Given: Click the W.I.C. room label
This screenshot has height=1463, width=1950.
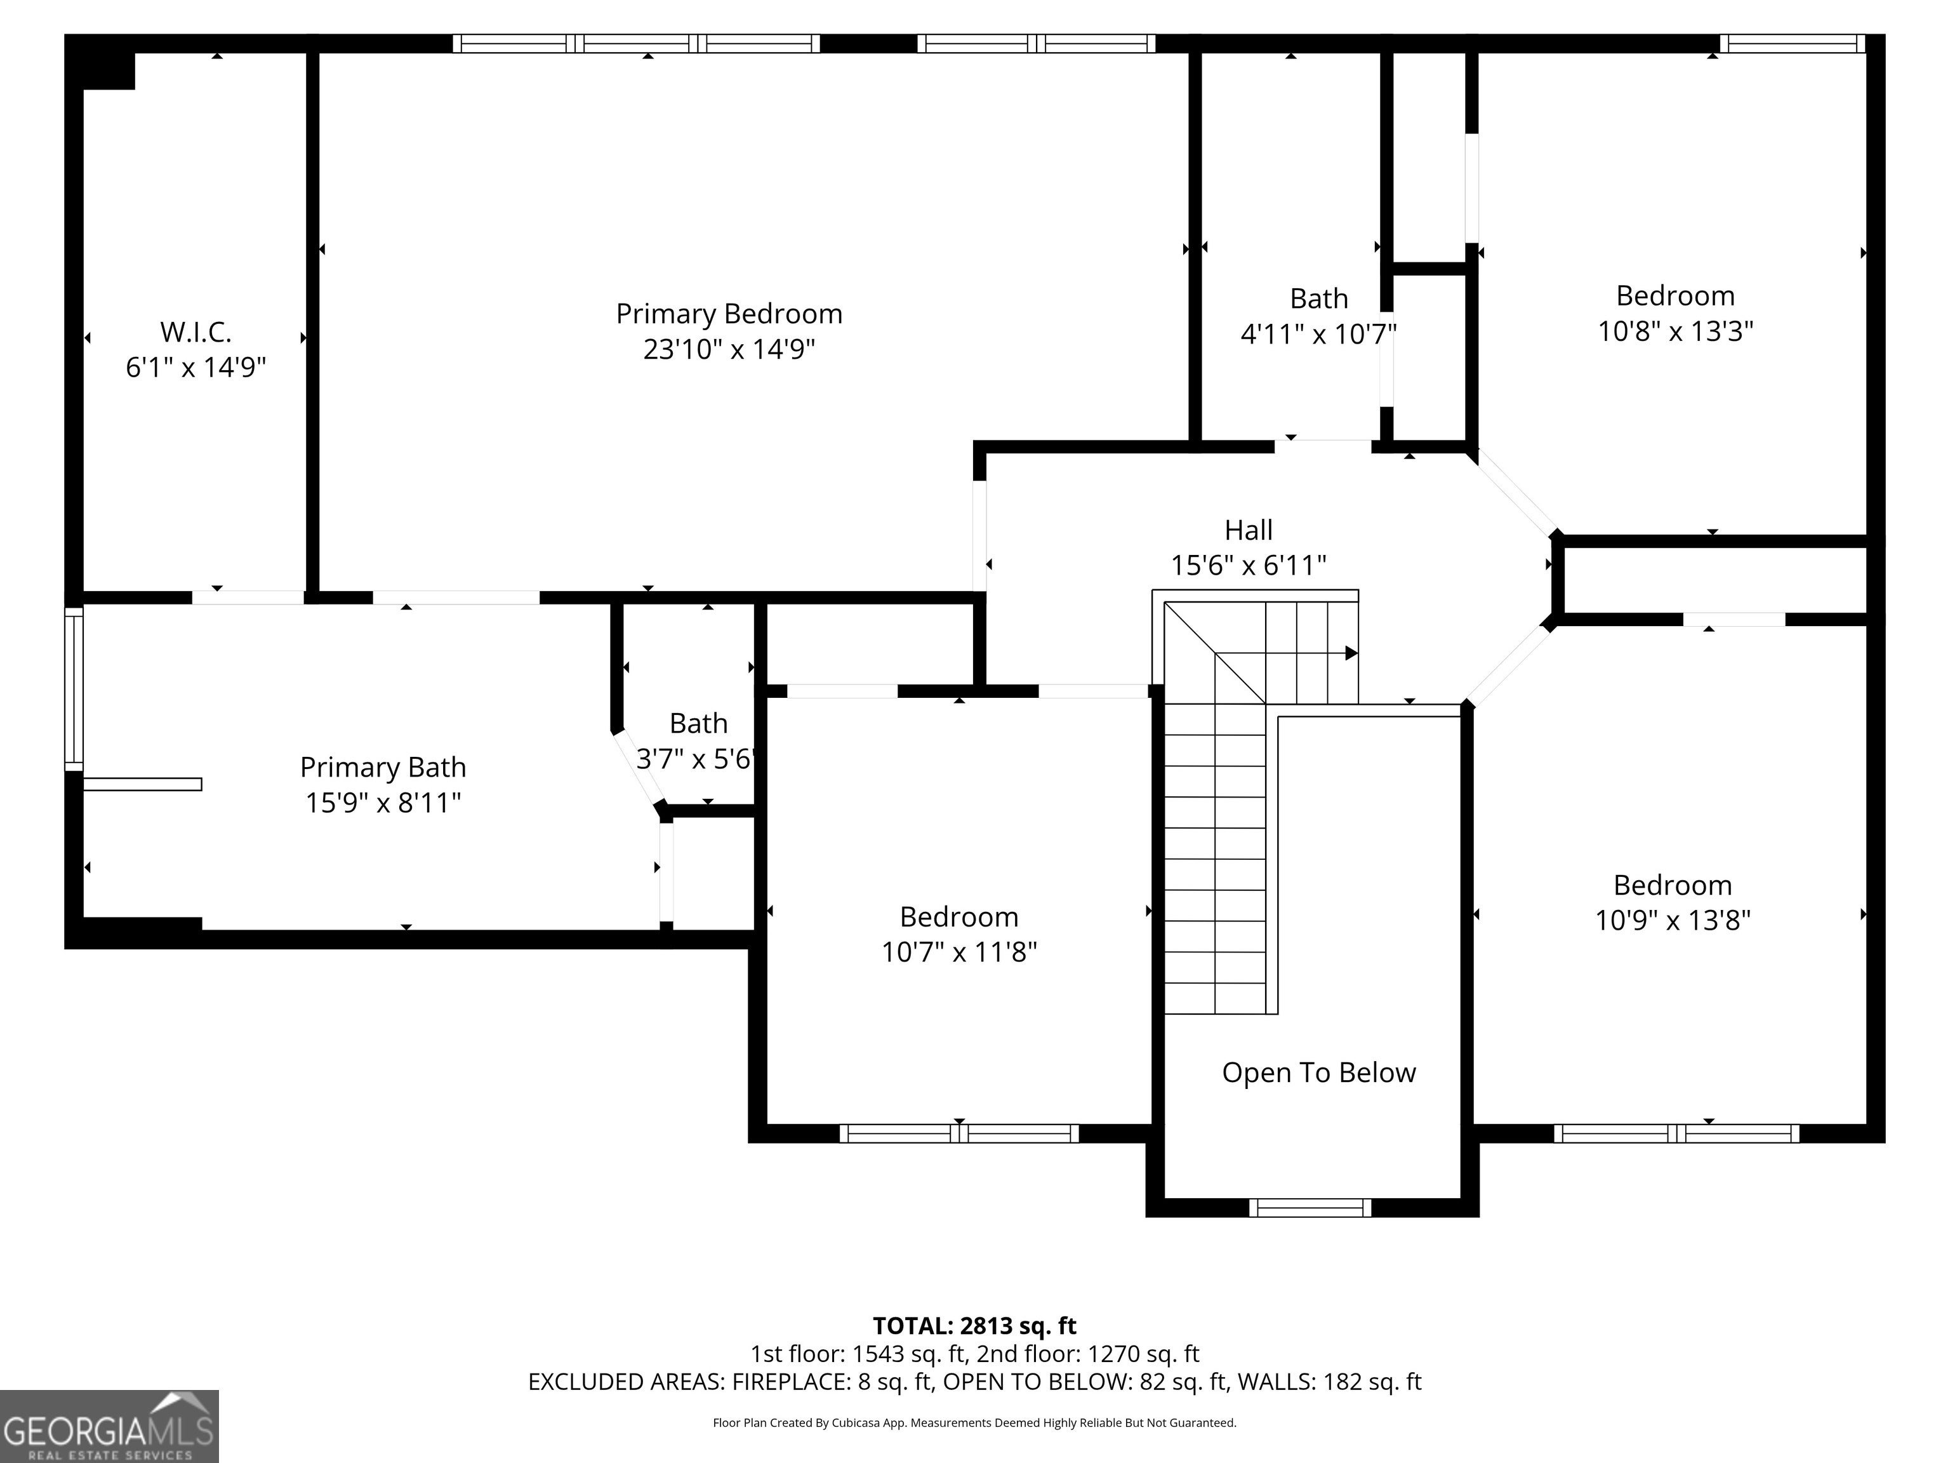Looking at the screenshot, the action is (196, 333).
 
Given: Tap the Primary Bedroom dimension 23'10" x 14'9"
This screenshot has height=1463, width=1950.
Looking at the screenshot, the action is (729, 350).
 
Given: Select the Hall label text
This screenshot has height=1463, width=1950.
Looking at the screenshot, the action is (1249, 530).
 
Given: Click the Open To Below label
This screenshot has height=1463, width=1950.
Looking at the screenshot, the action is (1319, 1072).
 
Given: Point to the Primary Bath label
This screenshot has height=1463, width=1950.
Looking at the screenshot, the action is (383, 767).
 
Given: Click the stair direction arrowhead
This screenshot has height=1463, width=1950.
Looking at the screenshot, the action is (1351, 653).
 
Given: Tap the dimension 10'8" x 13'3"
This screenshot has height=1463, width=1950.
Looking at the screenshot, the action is (1675, 331).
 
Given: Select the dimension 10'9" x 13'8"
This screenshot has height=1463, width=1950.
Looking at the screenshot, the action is (1673, 921).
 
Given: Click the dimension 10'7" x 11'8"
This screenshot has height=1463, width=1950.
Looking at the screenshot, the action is (959, 952).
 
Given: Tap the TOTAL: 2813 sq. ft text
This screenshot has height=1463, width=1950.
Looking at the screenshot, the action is (974, 1325).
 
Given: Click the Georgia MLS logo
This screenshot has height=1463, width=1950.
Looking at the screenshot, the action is (109, 1426).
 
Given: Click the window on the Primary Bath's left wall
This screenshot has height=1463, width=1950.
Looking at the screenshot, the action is (74, 689).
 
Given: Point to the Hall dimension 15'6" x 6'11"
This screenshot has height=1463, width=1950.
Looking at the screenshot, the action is (1249, 565).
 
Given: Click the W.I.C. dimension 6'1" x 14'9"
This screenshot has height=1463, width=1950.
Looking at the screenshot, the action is (196, 368).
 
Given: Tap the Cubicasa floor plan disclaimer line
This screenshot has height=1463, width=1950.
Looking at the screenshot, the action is (974, 1422).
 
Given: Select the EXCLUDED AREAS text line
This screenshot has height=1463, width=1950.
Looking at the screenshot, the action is (974, 1382).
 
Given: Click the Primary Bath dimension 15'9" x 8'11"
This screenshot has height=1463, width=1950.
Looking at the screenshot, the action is (383, 803).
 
